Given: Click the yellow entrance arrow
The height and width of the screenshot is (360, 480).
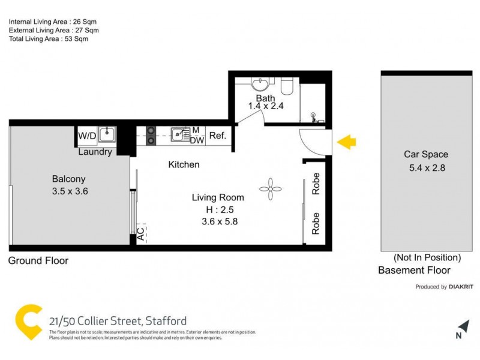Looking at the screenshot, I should tap(346, 142).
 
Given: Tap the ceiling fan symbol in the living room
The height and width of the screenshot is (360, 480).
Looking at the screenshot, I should tap(270, 190).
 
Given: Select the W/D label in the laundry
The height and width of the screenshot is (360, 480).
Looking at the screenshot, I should tap(87, 136).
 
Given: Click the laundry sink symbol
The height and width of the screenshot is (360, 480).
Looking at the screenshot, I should tap(107, 133).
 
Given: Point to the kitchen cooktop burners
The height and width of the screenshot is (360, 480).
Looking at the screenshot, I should tap(151, 136).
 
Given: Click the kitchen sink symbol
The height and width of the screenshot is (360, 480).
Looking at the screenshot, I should tap(178, 134).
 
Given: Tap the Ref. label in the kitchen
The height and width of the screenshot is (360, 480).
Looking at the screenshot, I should tap(217, 136).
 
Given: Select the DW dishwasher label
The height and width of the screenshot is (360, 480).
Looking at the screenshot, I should tap(196, 140).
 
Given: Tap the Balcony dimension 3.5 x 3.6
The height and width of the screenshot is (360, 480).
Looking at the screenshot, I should tap(69, 192).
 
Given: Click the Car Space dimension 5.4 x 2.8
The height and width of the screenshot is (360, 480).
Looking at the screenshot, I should tap(425, 168).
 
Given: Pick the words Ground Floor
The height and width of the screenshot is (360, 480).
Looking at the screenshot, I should tap(38, 261).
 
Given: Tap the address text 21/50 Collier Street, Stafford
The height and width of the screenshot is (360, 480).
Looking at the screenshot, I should tap(118, 320).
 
